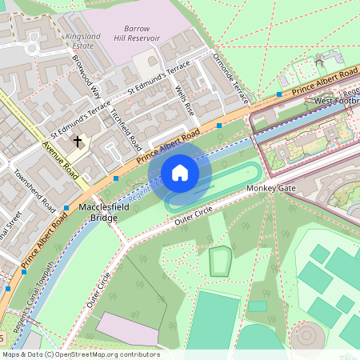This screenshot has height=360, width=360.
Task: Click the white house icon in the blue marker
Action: point(180,173)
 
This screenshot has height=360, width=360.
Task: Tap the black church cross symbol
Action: point(78,142)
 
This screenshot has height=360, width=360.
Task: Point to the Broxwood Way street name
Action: point(86,75)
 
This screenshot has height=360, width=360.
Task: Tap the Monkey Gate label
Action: point(271,188)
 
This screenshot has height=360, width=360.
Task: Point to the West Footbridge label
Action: point(336,101)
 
